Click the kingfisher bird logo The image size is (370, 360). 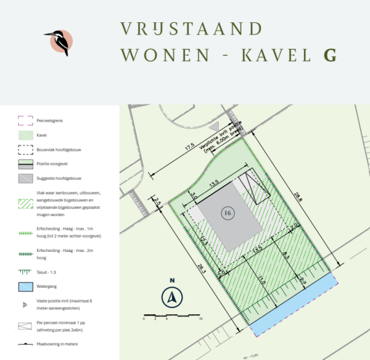(59, 41)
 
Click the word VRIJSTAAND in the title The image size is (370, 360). (191, 28)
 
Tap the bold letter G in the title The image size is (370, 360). (330, 54)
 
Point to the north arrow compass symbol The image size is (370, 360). (173, 297)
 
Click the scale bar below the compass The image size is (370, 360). (173, 316)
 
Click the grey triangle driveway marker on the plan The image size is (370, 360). (215, 127)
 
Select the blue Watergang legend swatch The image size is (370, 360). (25, 287)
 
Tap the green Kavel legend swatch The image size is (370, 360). (25, 134)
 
